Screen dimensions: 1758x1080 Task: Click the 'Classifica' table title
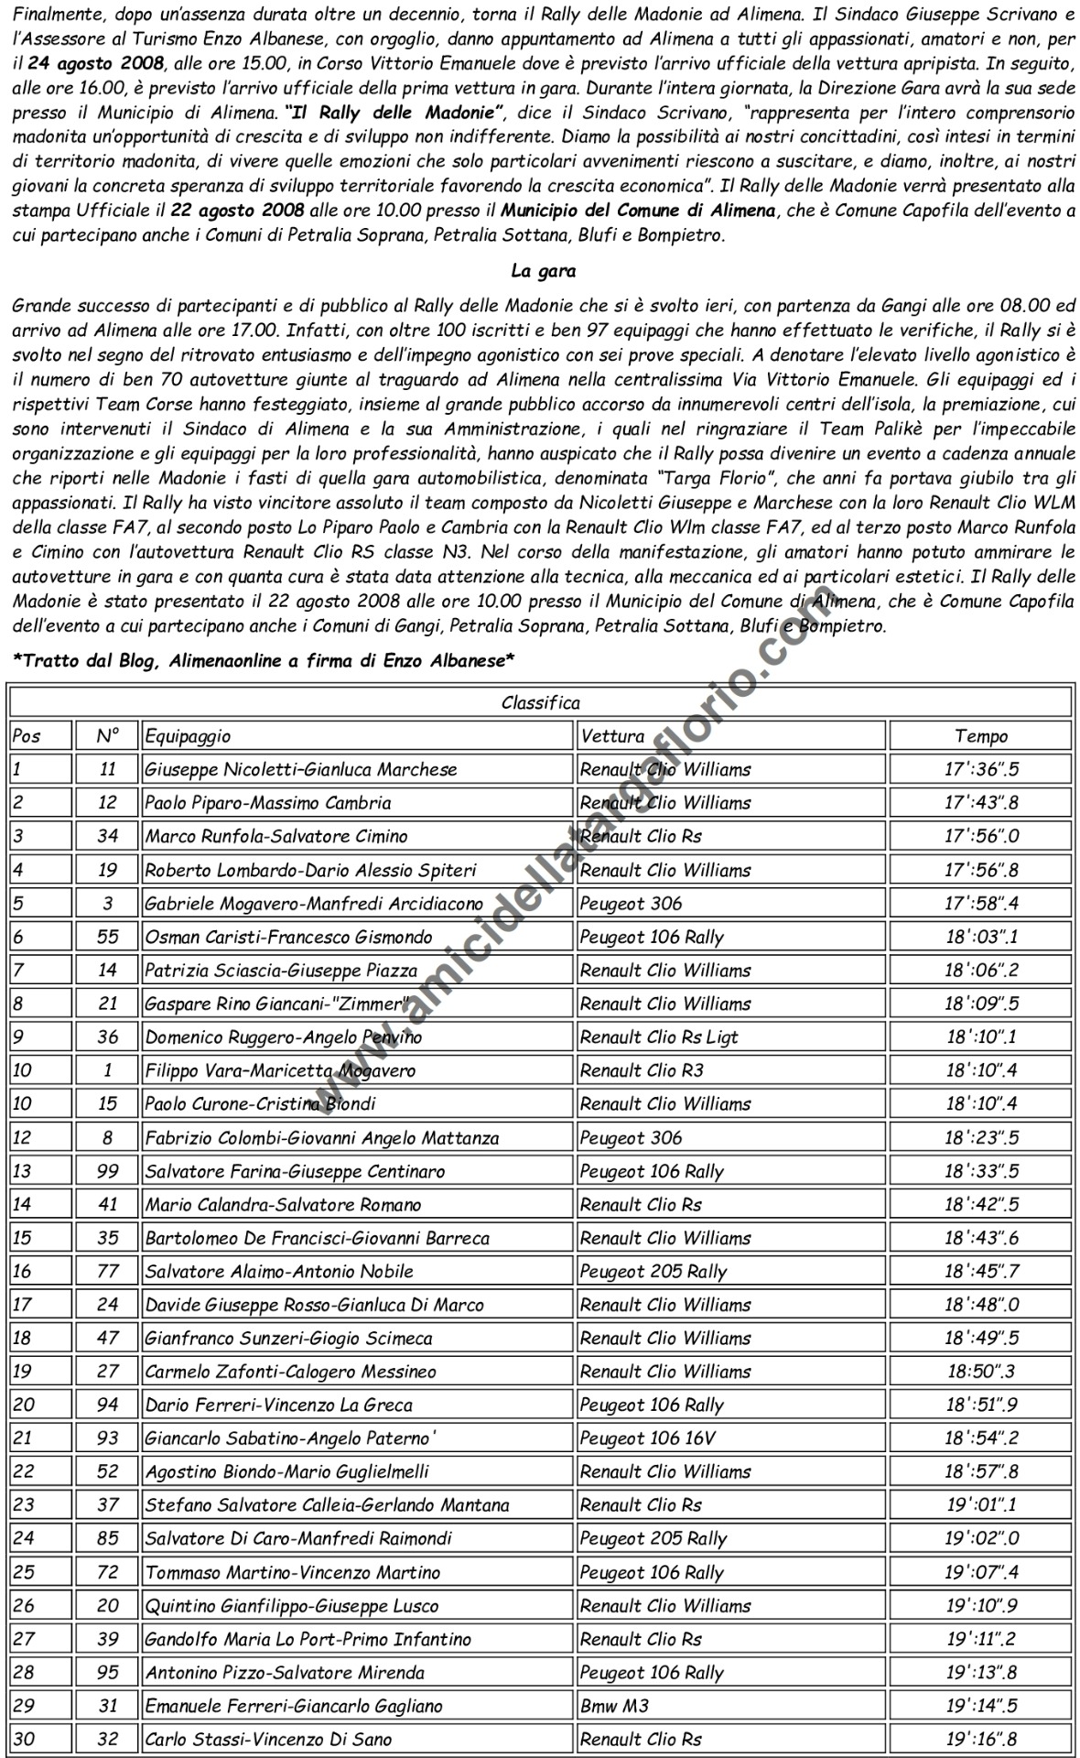(540, 702)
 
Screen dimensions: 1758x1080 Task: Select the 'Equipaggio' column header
(189, 735)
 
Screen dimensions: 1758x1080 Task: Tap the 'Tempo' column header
(980, 735)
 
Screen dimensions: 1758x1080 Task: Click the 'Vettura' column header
(612, 735)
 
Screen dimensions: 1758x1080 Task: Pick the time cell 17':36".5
(980, 769)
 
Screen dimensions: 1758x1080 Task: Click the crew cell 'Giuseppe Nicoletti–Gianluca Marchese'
(301, 769)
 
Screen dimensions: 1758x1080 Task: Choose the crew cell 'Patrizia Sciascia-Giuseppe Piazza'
(281, 970)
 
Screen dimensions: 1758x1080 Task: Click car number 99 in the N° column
(108, 1171)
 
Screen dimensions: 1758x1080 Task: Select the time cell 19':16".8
(980, 1739)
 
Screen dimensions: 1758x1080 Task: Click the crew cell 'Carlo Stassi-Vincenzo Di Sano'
(268, 1739)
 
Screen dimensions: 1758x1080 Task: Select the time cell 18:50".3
(980, 1371)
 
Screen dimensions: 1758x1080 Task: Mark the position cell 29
(23, 1706)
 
